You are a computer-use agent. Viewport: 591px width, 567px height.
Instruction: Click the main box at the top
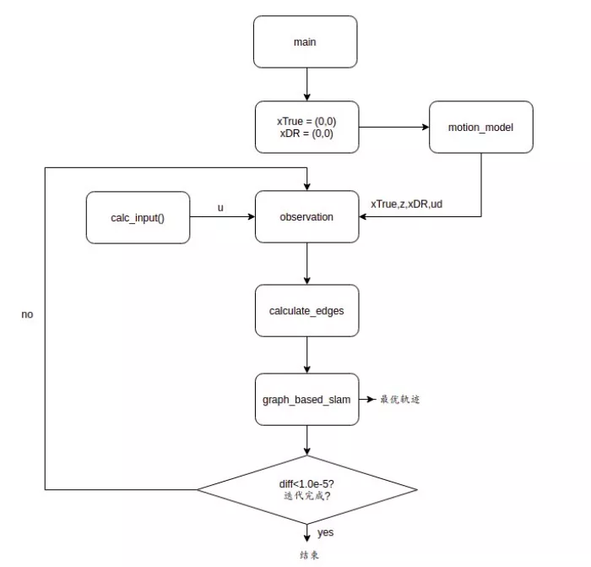coord(305,42)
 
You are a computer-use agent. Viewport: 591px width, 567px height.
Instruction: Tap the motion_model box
coord(480,128)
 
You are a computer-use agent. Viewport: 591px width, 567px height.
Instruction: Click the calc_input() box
coord(138,218)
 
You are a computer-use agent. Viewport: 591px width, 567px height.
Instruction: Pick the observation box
coord(306,217)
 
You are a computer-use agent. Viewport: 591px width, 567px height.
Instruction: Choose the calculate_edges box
coord(306,310)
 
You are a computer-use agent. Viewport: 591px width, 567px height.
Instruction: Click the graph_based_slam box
coord(306,399)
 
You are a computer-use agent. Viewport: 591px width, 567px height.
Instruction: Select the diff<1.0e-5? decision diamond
coord(306,489)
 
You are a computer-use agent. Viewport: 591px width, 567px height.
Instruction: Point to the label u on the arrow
coord(220,207)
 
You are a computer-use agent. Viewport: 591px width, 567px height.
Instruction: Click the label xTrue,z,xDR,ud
coord(406,204)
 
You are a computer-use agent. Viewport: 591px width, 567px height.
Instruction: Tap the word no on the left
coord(27,314)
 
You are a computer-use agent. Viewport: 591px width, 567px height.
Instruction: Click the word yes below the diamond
coord(325,533)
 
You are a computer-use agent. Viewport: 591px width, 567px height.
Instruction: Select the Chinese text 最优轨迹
coord(399,399)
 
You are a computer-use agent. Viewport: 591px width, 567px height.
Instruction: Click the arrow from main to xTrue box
coord(306,85)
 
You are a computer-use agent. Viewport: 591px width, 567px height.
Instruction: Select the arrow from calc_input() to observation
coord(222,218)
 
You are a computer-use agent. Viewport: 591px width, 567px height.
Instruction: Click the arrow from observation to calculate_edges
coord(306,264)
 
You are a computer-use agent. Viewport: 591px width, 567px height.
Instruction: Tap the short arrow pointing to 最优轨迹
coord(367,399)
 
